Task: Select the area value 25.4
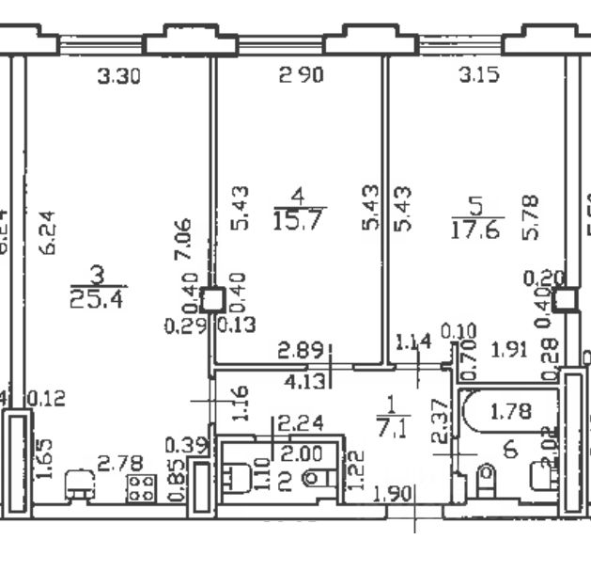pos(98,300)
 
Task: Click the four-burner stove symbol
pos(143,487)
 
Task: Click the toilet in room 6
pos(487,483)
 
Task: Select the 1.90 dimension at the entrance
pos(393,494)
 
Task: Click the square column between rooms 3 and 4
pos(212,299)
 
